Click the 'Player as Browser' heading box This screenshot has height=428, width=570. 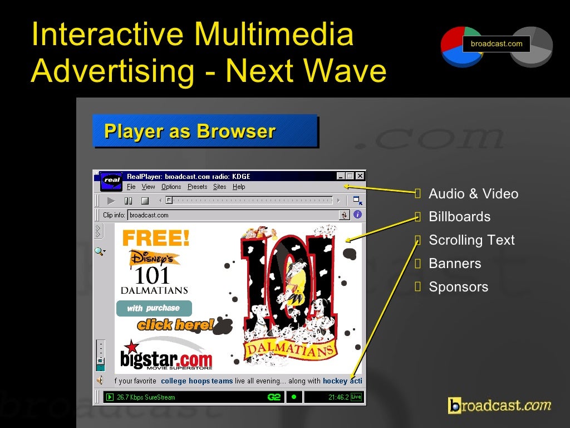(205, 132)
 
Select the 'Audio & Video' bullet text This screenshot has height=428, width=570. (473, 194)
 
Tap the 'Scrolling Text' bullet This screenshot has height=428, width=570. (471, 240)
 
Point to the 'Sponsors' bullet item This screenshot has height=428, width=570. (458, 287)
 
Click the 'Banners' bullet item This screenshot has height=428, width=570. (455, 264)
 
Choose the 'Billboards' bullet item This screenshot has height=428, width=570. (459, 217)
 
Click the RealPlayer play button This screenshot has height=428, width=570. (111, 201)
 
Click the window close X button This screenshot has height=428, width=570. (360, 176)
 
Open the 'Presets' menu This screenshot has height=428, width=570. (197, 187)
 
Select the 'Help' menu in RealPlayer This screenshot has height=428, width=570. (239, 187)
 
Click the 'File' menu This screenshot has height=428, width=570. (131, 187)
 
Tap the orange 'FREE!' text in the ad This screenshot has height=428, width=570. (156, 239)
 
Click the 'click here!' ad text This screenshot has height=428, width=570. (175, 324)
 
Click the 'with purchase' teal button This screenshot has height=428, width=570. (154, 308)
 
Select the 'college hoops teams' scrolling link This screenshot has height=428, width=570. (196, 381)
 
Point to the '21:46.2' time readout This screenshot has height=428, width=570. (338, 397)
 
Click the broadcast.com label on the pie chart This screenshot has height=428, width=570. (497, 43)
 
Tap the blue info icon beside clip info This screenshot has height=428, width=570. (357, 215)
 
